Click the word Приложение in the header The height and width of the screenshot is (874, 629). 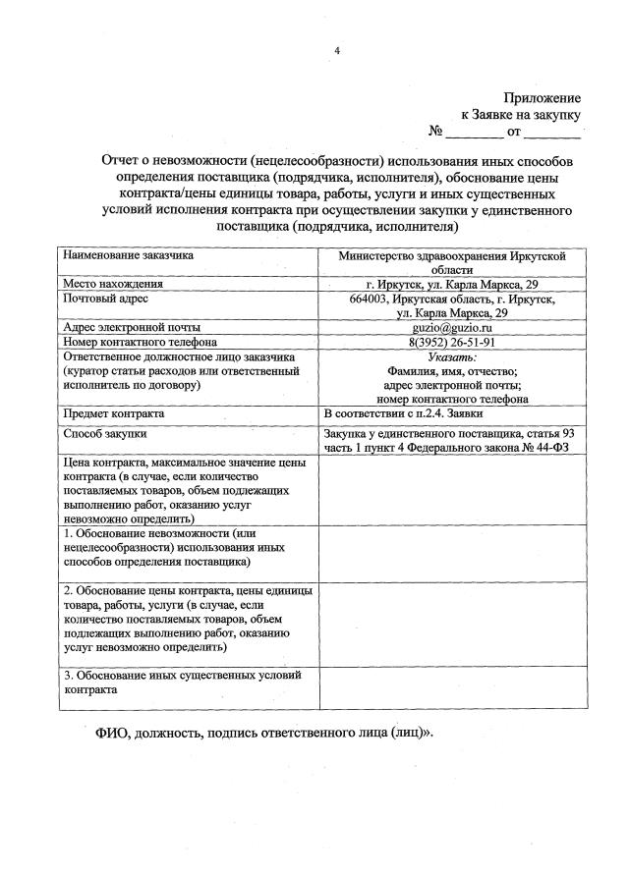[543, 98]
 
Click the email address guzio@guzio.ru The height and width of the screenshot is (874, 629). [452, 327]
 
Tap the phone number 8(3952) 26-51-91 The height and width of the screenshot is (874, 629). [452, 342]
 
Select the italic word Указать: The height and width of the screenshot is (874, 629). [452, 357]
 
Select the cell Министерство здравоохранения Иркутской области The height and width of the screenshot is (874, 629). [452, 261]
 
